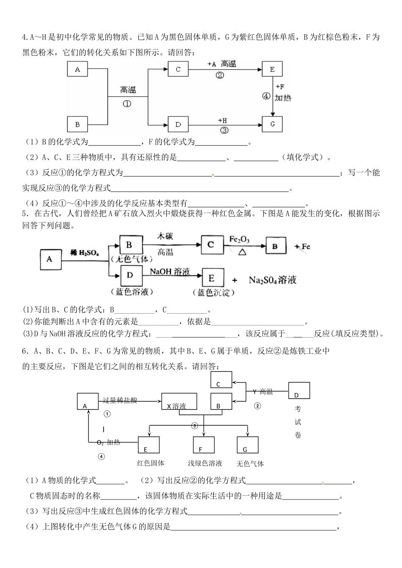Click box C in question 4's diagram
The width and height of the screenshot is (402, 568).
click(x=178, y=69)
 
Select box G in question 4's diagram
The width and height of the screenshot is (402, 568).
click(x=272, y=124)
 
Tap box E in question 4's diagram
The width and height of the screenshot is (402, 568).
click(x=272, y=69)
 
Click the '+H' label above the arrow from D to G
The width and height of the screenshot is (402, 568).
click(x=223, y=121)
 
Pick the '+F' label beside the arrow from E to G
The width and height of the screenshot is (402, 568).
click(x=280, y=87)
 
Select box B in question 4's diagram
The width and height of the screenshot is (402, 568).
click(x=77, y=124)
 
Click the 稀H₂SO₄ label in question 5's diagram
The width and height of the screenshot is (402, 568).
click(x=85, y=253)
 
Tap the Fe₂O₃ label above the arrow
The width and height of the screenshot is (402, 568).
click(x=239, y=240)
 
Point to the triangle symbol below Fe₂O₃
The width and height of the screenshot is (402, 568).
click(x=242, y=251)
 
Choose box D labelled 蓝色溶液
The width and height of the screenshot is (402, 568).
click(x=130, y=276)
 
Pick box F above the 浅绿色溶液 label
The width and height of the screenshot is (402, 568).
click(x=204, y=444)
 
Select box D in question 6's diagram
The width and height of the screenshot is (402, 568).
click(x=299, y=390)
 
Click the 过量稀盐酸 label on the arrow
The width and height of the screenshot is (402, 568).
click(x=120, y=400)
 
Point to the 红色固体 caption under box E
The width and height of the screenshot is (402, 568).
click(x=151, y=463)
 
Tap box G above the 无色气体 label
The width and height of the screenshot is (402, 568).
click(x=248, y=444)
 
